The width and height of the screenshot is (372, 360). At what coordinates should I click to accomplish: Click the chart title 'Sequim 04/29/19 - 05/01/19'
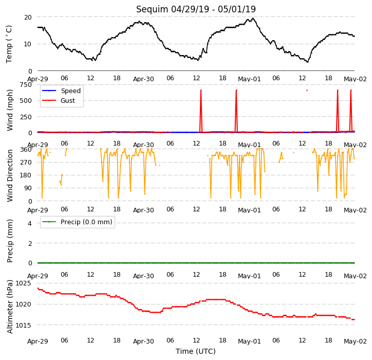click(x=196, y=9)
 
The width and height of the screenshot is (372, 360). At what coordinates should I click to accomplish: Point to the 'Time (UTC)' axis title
click(x=196, y=351)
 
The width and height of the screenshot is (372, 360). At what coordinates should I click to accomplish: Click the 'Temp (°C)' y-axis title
click(x=9, y=44)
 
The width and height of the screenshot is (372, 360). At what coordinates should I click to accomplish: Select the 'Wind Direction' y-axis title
click(x=9, y=175)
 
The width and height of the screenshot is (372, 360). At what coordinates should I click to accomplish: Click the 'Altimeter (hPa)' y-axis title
click(x=9, y=307)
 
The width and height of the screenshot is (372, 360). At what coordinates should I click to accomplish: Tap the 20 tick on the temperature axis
click(x=28, y=17)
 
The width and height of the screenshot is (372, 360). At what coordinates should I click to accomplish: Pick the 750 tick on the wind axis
click(x=26, y=85)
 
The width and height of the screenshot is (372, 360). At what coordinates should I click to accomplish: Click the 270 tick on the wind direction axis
click(x=26, y=163)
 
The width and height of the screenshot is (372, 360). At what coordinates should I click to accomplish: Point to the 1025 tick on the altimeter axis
click(x=24, y=283)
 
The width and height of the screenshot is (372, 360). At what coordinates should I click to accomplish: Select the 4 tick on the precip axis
click(x=30, y=223)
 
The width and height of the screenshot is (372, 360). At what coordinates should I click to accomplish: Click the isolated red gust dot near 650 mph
click(x=307, y=90)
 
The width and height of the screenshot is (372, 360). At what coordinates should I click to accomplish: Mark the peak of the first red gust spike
click(x=201, y=90)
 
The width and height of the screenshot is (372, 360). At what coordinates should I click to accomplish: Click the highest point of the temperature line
click(x=253, y=18)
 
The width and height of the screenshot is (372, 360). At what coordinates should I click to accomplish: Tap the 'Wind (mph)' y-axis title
click(x=9, y=110)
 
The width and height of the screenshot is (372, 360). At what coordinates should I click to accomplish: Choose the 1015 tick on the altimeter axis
click(x=24, y=325)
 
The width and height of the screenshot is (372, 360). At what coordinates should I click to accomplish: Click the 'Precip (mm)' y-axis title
click(x=9, y=241)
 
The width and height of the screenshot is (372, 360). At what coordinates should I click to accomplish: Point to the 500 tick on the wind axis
click(x=26, y=101)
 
